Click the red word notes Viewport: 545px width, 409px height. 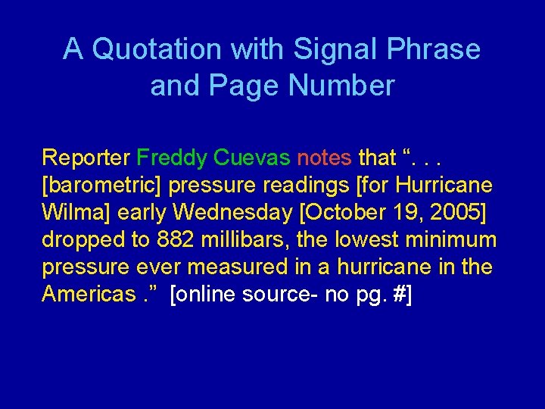pyautogui.click(x=324, y=158)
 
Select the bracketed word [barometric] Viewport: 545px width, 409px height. pyautogui.click(x=102, y=186)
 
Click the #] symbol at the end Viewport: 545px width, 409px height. pyautogui.click(x=402, y=295)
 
